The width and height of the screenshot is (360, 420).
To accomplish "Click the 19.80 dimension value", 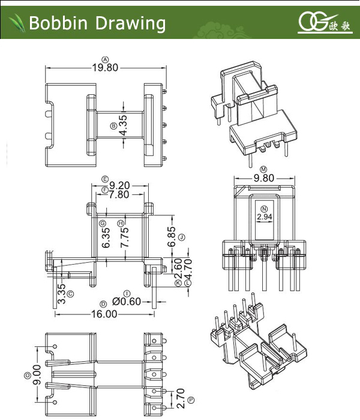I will tap(105, 68).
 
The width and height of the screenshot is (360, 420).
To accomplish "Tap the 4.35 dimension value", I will tap(123, 126).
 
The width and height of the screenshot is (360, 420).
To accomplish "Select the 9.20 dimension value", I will tap(119, 186).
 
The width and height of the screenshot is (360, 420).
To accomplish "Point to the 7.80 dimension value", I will tap(119, 194).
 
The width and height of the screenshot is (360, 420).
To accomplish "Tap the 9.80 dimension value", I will tap(264, 178).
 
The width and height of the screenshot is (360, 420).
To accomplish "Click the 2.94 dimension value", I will tap(264, 217).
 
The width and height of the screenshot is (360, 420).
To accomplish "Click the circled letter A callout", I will tap(106, 59).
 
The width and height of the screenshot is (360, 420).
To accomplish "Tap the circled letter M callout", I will tap(264, 170).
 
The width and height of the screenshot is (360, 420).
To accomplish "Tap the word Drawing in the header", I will tap(128, 23).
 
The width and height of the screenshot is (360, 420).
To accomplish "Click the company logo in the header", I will tap(324, 23).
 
